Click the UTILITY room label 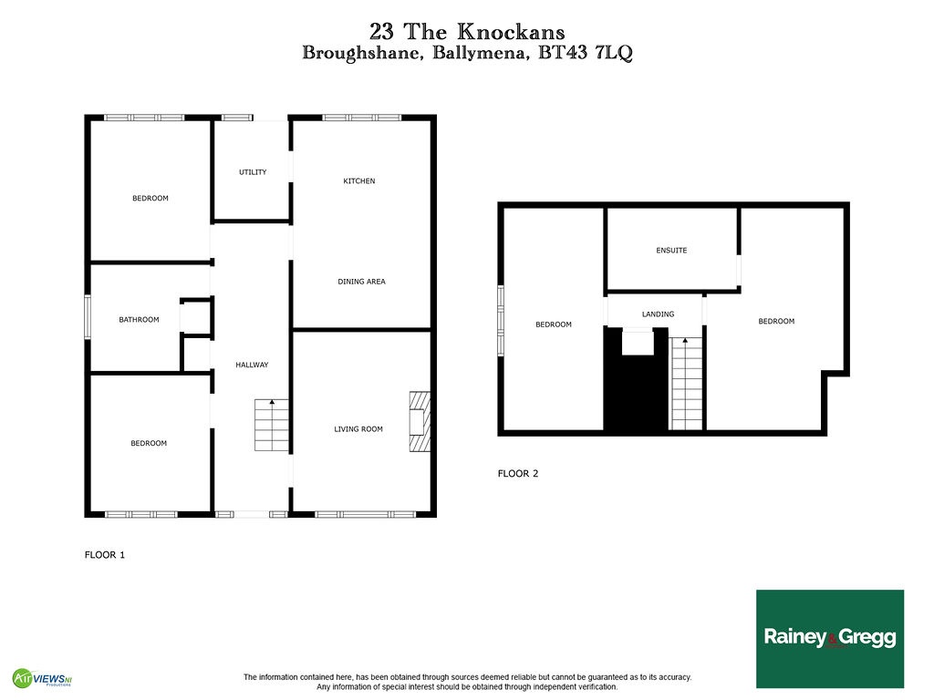click(253, 172)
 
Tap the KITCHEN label click(359, 181)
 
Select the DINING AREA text click(361, 282)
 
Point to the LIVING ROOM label click(358, 429)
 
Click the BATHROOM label click(139, 320)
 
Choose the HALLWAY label click(252, 365)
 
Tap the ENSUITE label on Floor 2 click(671, 251)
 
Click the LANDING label click(659, 314)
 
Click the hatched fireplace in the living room click(420, 421)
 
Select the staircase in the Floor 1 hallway click(272, 425)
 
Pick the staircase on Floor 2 click(686, 384)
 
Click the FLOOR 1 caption click(105, 555)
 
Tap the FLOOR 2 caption click(518, 474)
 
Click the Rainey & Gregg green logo click(830, 639)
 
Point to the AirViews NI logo click(42, 677)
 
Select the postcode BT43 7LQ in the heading click(585, 53)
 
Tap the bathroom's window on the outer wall click(88, 318)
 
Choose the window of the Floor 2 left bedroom click(501, 321)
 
